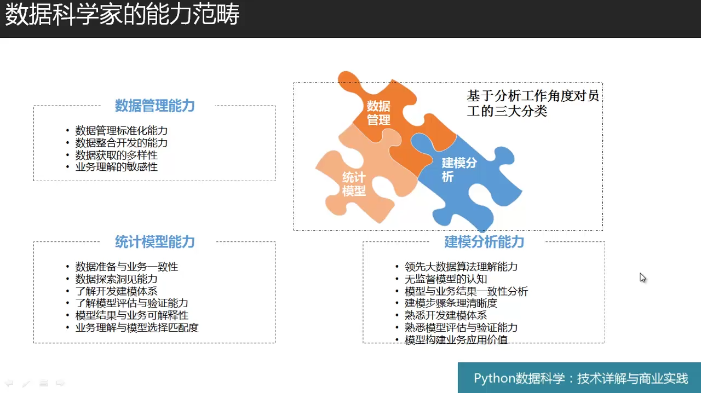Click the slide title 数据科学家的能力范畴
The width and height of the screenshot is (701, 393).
[122, 14]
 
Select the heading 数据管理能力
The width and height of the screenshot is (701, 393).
[155, 106]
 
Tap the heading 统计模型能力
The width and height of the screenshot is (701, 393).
[155, 242]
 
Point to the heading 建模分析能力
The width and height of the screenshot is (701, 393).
[484, 242]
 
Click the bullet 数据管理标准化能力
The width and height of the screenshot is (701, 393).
[122, 130]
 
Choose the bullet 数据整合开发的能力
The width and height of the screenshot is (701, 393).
[122, 143]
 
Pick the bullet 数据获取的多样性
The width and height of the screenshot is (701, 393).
[117, 155]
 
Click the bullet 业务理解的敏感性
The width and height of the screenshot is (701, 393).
[117, 167]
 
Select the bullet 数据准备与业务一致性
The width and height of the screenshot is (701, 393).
[127, 267]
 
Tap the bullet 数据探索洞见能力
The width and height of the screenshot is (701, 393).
[117, 279]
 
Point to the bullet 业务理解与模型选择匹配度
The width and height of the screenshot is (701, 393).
[137, 328]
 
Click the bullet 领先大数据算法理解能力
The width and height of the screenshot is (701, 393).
[461, 267]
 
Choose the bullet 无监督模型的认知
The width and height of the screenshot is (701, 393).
[446, 279]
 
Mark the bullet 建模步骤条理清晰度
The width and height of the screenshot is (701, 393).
[451, 303]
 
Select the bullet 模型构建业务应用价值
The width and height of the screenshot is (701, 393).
[456, 339]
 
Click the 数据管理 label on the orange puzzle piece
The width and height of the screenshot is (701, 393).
[378, 113]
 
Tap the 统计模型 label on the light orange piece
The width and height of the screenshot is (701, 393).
[354, 184]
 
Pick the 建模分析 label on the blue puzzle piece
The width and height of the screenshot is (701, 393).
[459, 170]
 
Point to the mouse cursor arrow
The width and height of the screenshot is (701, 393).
[643, 278]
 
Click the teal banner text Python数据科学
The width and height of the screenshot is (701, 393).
[519, 378]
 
